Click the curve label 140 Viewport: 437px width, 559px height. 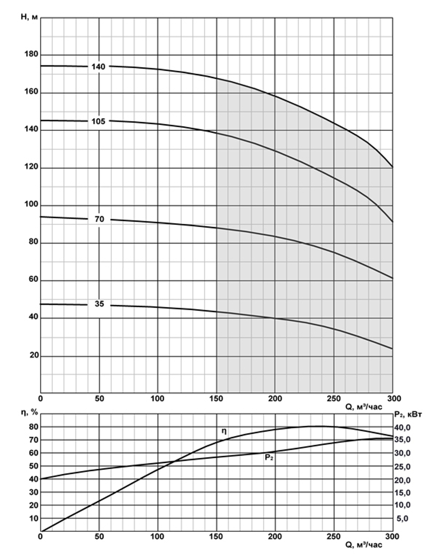tap(98, 67)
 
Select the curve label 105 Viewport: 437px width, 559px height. tap(98, 121)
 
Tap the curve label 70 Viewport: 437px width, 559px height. tap(100, 219)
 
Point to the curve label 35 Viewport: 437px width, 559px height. tap(100, 304)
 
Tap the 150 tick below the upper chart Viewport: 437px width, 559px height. tap(216, 398)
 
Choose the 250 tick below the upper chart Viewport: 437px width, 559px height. tap(333, 398)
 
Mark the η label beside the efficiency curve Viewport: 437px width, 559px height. tap(224, 431)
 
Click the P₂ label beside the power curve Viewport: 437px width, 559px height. tap(269, 458)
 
